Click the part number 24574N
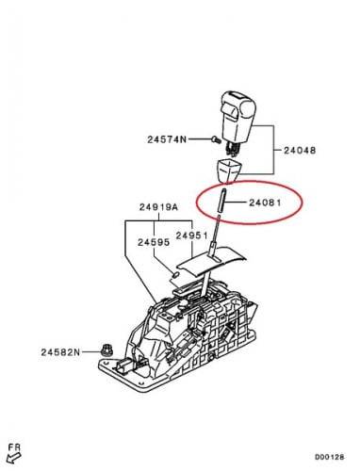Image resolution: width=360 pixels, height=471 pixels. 167,139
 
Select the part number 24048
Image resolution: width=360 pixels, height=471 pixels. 300,150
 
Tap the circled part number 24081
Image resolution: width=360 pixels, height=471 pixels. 265,203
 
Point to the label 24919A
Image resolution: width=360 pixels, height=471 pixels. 158,207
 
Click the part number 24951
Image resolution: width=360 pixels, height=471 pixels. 192,235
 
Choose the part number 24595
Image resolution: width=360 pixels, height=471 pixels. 154,242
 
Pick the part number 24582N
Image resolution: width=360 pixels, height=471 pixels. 60,352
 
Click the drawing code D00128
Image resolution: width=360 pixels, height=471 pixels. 330,457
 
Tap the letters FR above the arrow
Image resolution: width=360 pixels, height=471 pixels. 14,447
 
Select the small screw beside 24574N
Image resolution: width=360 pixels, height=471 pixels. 216,139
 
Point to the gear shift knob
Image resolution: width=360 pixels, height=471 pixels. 238,120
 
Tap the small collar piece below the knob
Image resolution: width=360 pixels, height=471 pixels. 228,171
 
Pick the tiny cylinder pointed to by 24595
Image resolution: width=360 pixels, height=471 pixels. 176,274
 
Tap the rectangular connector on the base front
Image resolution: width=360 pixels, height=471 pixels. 123,365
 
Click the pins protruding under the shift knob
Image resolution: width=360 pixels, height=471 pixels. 232,148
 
